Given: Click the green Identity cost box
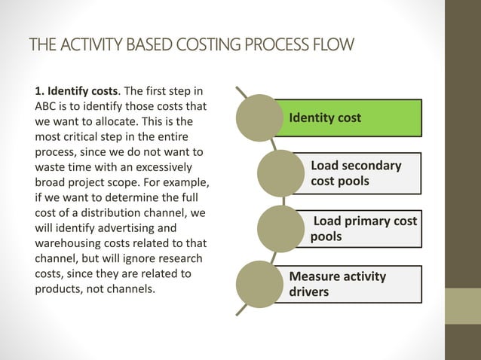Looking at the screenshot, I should coord(354,118).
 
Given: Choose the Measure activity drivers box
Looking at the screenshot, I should coord(354,284).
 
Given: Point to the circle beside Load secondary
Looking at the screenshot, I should coord(280,172).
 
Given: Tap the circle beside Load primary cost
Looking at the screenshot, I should coord(280,227).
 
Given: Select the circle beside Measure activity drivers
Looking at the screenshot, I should coord(259,283).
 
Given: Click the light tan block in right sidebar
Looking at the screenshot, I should coord(462,307).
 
